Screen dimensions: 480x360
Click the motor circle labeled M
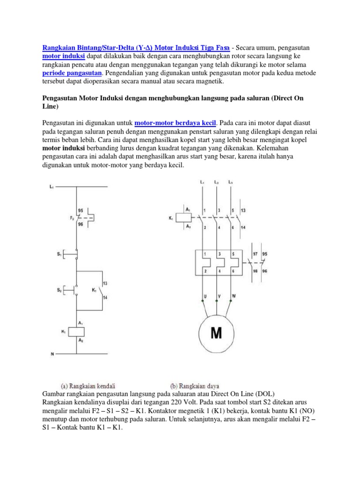pos(216,333)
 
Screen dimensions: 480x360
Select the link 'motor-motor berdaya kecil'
pos(175,123)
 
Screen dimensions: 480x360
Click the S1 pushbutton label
pos(60,254)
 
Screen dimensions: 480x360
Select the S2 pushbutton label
pos(60,290)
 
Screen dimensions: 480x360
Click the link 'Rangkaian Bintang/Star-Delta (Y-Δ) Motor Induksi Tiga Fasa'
pos(136,48)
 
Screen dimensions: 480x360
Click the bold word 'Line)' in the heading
pos(47,106)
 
